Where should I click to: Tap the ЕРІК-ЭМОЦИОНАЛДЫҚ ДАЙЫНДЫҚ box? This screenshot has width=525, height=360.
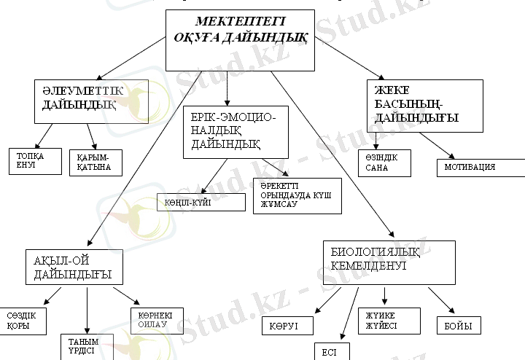pyautogui.click(x=238, y=132)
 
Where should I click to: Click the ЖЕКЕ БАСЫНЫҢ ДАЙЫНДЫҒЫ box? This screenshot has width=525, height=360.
pyautogui.click(x=424, y=105)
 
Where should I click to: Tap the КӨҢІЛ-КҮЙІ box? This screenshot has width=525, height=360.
pyautogui.click(x=201, y=202)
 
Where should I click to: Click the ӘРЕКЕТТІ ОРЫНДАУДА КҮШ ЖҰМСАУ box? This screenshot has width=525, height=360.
pyautogui.click(x=296, y=195)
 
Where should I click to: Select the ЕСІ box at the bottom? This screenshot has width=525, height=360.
pyautogui.click(x=331, y=351)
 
